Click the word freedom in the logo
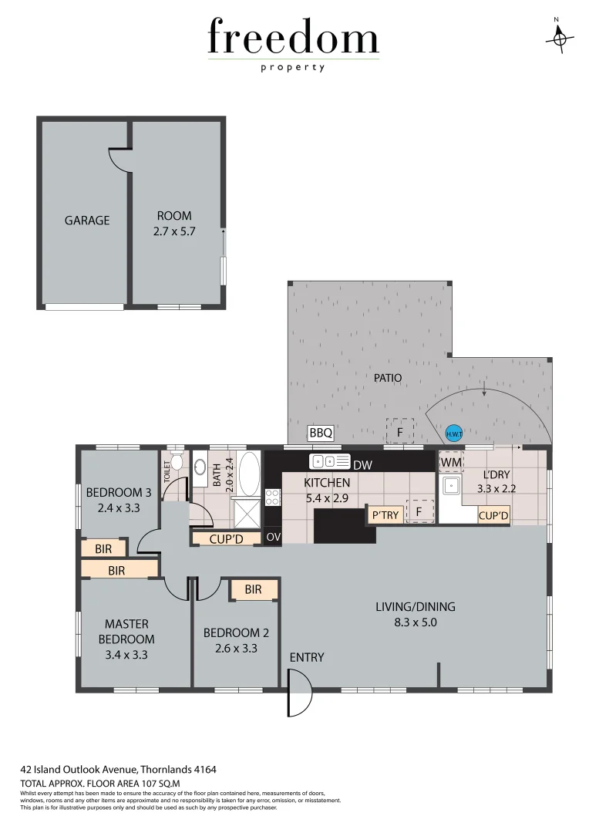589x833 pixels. (294, 38)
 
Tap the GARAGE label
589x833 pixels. (86, 221)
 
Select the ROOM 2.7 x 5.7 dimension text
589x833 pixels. (174, 231)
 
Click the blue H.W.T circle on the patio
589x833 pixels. (453, 433)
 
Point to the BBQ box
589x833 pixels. (321, 433)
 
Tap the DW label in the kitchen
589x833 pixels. (362, 464)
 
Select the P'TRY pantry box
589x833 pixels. (385, 515)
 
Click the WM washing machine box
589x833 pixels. (451, 462)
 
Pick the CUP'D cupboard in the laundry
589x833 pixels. (493, 516)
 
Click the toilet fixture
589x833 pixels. (177, 463)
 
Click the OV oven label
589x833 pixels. (273, 537)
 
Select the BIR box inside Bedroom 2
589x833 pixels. (253, 590)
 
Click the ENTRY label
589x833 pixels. (307, 658)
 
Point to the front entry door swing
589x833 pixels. (299, 692)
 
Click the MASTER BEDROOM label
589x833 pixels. (126, 632)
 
